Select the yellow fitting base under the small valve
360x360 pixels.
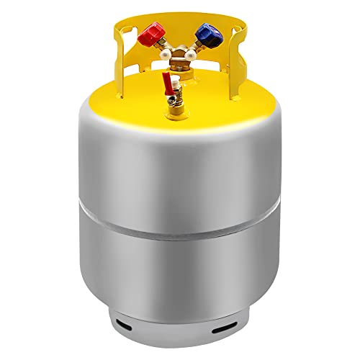click(176, 114)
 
